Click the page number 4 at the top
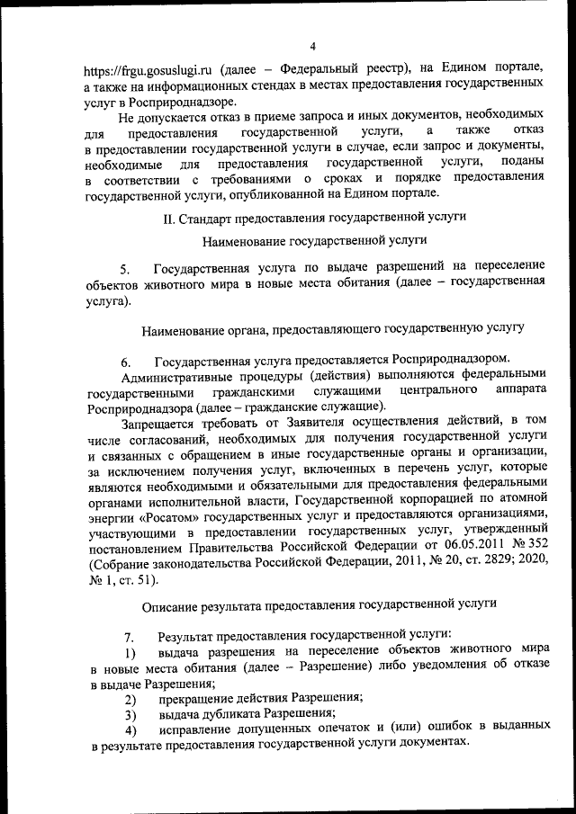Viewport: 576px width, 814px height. [x=312, y=46]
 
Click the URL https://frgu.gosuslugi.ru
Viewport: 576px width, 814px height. [x=144, y=68]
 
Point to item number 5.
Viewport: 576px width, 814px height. [x=125, y=268]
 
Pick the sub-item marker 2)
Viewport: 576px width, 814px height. [x=130, y=697]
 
